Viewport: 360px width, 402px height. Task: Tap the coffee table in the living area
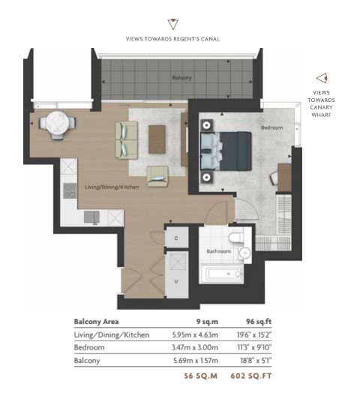[157, 139]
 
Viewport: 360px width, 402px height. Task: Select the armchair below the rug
[157, 176]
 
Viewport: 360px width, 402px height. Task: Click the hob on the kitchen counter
[70, 190]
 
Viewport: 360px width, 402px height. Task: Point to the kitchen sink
[91, 217]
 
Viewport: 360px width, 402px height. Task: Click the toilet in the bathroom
[236, 237]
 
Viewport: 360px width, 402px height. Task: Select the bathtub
[221, 274]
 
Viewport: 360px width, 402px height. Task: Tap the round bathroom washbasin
[244, 253]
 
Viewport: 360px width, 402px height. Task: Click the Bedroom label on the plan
[271, 127]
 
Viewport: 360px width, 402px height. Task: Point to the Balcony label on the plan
[181, 77]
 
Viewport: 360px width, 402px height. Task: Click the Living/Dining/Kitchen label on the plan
[112, 187]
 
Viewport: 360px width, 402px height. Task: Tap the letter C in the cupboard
[176, 238]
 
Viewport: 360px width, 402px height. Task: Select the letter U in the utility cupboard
[176, 281]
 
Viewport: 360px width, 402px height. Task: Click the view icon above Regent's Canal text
[172, 24]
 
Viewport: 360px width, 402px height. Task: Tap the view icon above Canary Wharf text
[322, 78]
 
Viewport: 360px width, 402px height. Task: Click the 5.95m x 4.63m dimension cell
[195, 334]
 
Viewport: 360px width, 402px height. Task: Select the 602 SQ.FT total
[251, 376]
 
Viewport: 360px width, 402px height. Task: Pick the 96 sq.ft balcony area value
[259, 322]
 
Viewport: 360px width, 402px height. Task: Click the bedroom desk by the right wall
[284, 178]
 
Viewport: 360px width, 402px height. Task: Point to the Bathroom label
[219, 251]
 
